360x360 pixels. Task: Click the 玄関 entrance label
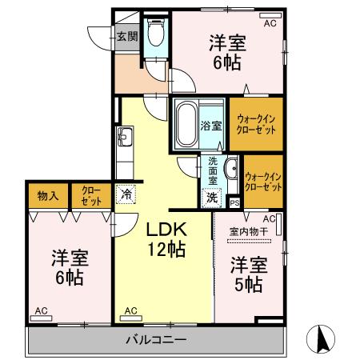126,35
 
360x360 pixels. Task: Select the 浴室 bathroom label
211,125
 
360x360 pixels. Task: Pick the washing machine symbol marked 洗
212,196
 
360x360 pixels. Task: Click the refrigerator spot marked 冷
126,193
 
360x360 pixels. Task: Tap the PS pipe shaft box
234,203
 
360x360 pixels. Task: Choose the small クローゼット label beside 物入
87,195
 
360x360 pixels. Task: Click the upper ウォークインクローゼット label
256,125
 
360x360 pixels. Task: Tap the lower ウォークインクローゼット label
264,182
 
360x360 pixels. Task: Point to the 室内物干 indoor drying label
246,232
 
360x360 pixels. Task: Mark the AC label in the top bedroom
269,25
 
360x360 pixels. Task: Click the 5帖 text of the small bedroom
249,284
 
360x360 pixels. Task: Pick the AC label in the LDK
130,310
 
